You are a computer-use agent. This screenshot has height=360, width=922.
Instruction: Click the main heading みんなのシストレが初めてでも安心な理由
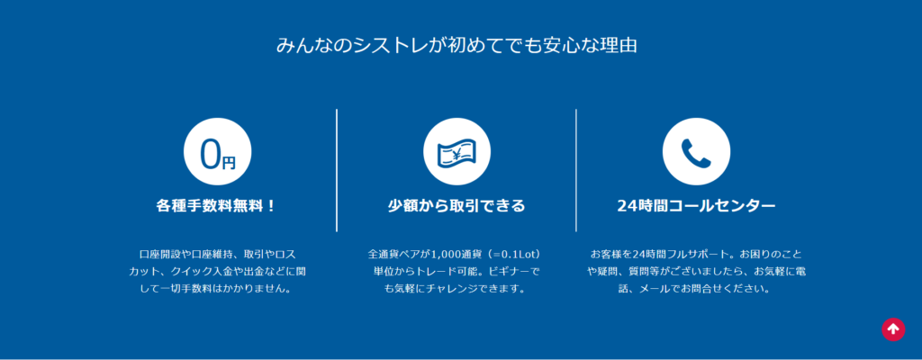(x=456, y=46)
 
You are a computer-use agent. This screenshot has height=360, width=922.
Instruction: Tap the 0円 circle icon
(x=218, y=152)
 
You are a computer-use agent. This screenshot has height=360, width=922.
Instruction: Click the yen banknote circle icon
(x=456, y=152)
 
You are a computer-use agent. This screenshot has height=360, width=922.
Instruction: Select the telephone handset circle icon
(x=696, y=152)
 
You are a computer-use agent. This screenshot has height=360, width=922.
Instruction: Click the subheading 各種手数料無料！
(x=216, y=206)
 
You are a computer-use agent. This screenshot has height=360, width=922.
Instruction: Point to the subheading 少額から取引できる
(x=456, y=206)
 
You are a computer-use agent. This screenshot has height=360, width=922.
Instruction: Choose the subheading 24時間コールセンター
(x=696, y=206)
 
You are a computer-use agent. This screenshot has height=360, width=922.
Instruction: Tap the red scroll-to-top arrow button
(x=892, y=328)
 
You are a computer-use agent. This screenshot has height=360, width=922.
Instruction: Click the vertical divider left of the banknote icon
(x=337, y=170)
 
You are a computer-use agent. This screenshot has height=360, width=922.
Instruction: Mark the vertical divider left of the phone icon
(x=576, y=170)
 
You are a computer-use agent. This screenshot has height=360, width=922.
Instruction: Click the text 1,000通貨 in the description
(x=456, y=255)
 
